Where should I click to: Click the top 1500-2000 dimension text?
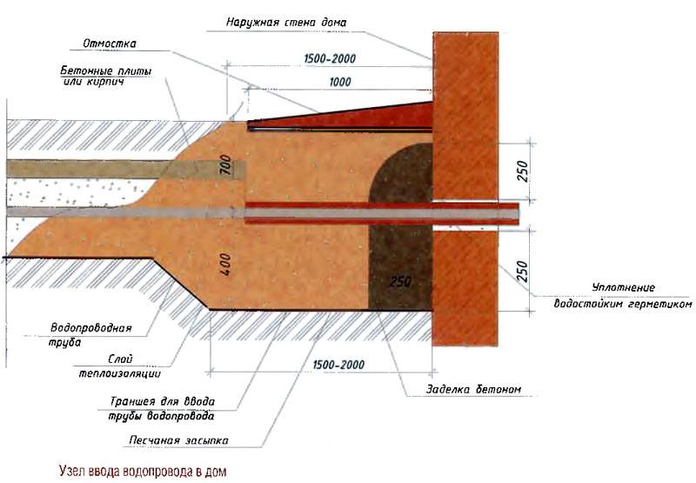pyautogui.click(x=328, y=58)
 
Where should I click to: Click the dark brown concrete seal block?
pyautogui.click(x=400, y=244)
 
